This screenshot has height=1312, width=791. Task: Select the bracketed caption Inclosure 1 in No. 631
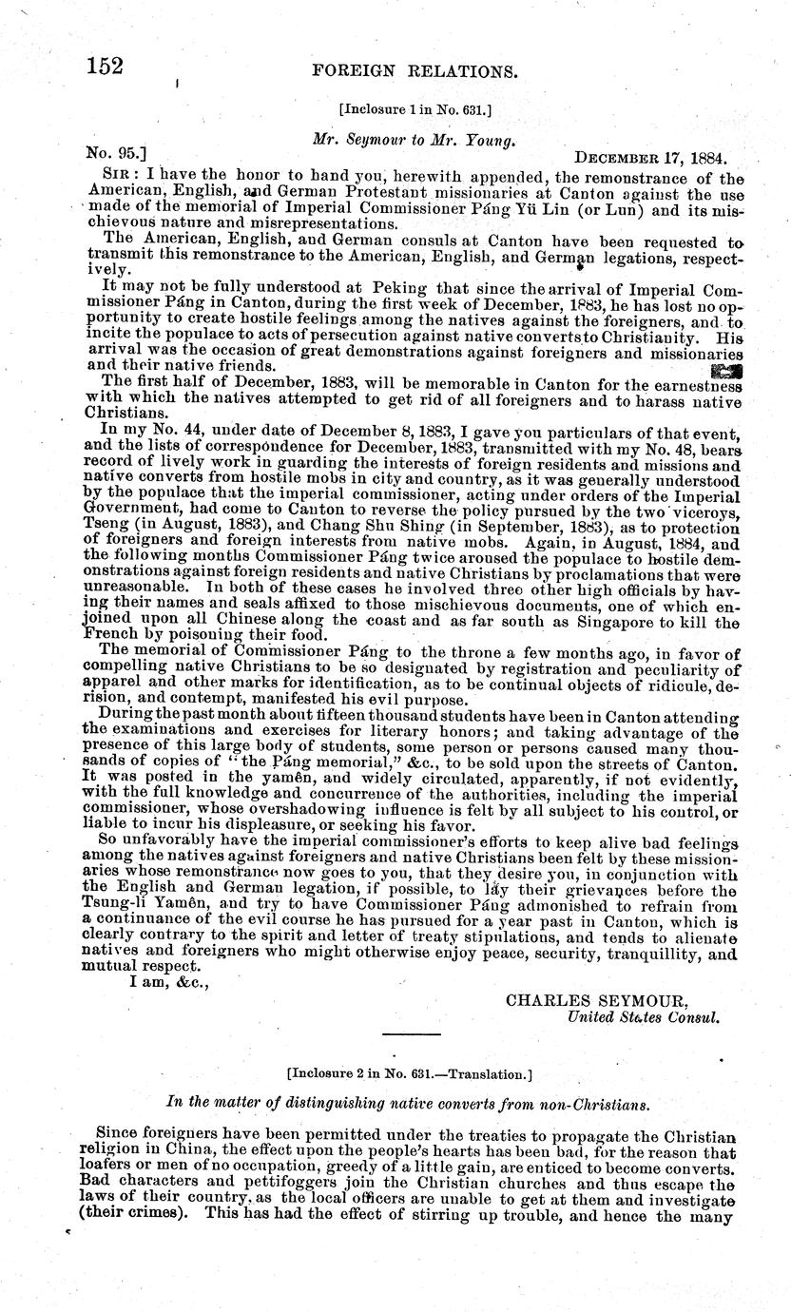pos(415,109)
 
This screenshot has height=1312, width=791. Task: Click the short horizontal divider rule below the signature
pos(412,1033)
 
